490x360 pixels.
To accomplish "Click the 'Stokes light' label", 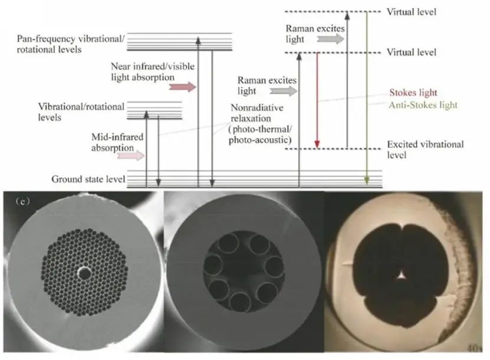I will click(413, 93).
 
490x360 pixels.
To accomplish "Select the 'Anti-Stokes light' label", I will click(423, 105).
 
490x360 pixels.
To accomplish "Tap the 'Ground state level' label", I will click(88, 178).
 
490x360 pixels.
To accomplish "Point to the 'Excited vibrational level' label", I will click(425, 149).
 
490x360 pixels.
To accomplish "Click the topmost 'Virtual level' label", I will click(411, 11).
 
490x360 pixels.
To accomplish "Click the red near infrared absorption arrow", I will click(183, 87).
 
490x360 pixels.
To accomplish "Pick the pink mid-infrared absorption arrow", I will click(131, 156).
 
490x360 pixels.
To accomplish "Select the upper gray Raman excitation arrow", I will click(331, 39).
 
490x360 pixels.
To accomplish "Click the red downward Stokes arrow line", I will click(317, 100).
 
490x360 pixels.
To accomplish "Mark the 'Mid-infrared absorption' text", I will click(117, 142).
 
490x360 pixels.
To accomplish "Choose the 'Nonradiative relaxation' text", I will click(258, 112).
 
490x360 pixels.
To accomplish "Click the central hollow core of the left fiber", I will click(84, 273).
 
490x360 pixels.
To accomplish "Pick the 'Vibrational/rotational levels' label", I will click(81, 112).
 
